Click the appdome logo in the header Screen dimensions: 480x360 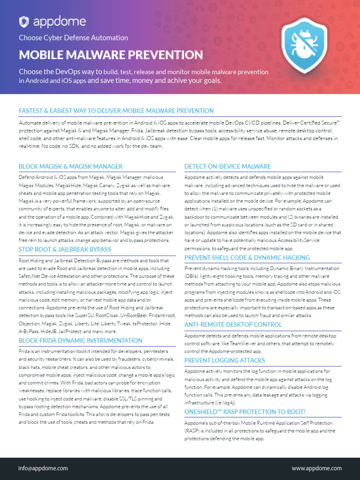52,21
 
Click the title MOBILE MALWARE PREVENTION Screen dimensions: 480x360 111,55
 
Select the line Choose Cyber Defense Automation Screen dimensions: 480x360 73,37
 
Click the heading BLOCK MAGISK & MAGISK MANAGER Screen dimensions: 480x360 70,166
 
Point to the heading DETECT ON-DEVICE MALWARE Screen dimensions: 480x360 227,166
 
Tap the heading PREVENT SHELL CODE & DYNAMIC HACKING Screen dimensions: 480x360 247,257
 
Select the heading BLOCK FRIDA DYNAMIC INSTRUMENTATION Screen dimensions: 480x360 81,340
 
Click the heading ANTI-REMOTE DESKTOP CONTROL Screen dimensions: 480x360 233,324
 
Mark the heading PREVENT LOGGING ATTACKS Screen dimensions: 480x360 225,360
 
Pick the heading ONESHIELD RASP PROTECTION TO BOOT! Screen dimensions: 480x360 245,412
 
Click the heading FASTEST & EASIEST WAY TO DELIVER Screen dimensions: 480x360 116,111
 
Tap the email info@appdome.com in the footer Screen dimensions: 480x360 43,468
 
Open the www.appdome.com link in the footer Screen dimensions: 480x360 316,468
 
